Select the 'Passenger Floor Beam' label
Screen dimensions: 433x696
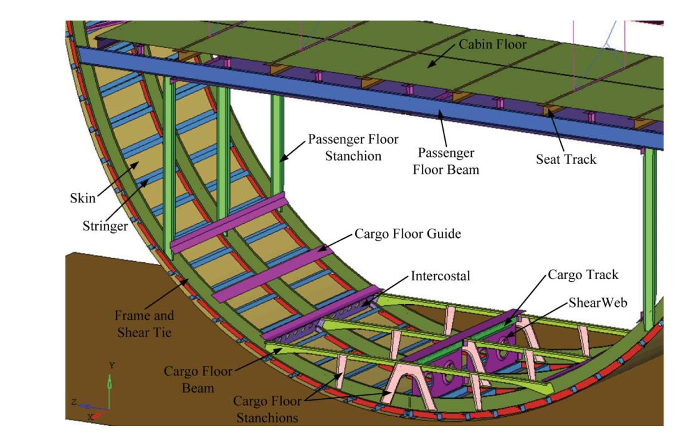[446, 161]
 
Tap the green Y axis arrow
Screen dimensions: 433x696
[110, 384]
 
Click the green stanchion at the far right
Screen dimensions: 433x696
[649, 237]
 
